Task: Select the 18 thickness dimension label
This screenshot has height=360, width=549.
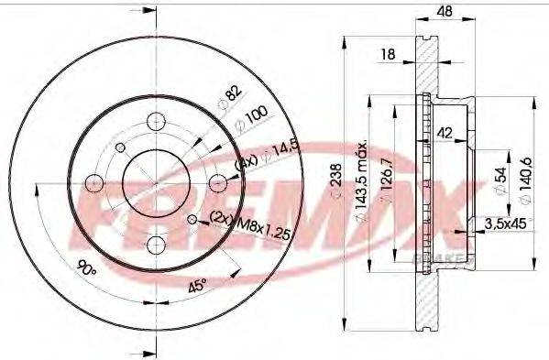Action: (x=389, y=56)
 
